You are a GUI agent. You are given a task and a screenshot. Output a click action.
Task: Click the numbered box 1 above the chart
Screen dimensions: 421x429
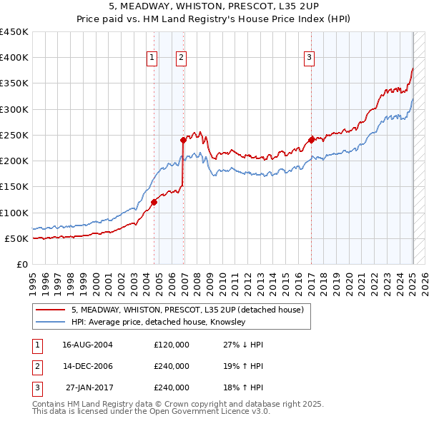click(152, 59)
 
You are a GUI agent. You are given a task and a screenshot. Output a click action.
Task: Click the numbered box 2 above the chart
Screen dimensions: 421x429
click(182, 59)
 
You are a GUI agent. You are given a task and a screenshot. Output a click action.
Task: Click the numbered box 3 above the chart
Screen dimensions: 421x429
click(309, 59)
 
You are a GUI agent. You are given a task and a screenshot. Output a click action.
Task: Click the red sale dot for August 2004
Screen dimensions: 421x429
click(154, 202)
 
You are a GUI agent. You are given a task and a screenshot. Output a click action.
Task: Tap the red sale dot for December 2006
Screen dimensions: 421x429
click(182, 140)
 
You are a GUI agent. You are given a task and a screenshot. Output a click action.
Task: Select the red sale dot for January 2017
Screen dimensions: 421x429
click(312, 140)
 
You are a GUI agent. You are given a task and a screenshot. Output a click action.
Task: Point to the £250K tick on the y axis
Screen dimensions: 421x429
click(14, 135)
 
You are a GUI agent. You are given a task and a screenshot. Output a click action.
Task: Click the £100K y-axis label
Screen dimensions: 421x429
click(14, 213)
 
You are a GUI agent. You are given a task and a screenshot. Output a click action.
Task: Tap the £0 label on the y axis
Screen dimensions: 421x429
click(21, 264)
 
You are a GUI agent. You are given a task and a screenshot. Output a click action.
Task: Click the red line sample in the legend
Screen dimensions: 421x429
click(50, 310)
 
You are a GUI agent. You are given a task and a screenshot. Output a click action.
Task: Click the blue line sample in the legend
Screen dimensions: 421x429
click(50, 322)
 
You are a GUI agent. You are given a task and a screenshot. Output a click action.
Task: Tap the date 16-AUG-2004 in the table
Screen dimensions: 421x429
click(87, 345)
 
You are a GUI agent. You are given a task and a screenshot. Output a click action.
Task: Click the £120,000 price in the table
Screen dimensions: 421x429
click(172, 345)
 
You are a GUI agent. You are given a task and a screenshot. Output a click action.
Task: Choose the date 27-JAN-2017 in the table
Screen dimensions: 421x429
click(89, 387)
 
